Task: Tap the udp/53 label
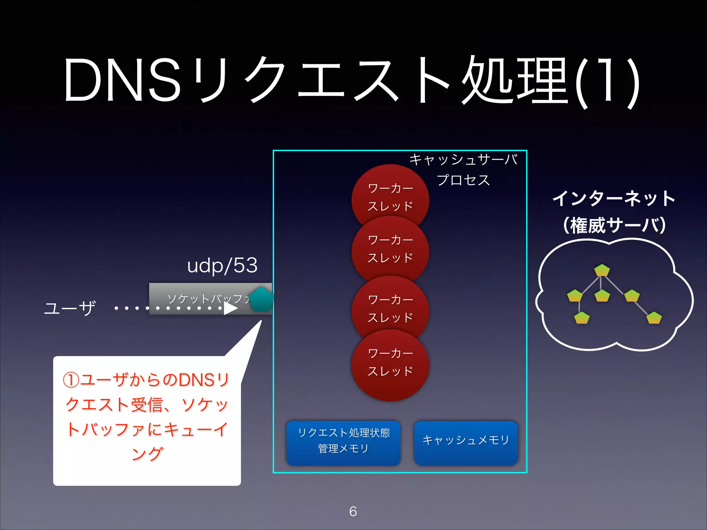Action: pos(222,266)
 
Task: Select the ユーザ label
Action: pos(70,308)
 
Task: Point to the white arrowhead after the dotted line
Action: pos(230,308)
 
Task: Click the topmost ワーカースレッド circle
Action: pos(390,197)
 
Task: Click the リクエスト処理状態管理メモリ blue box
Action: pos(343,443)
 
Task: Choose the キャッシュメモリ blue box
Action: pos(466,443)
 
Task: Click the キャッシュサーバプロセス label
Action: pos(463,170)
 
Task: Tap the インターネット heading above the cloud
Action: pos(614,199)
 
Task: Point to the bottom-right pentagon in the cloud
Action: pos(654,318)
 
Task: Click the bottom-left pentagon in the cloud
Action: pos(582,318)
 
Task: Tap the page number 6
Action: pos(353,511)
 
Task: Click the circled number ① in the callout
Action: pos(71,380)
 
